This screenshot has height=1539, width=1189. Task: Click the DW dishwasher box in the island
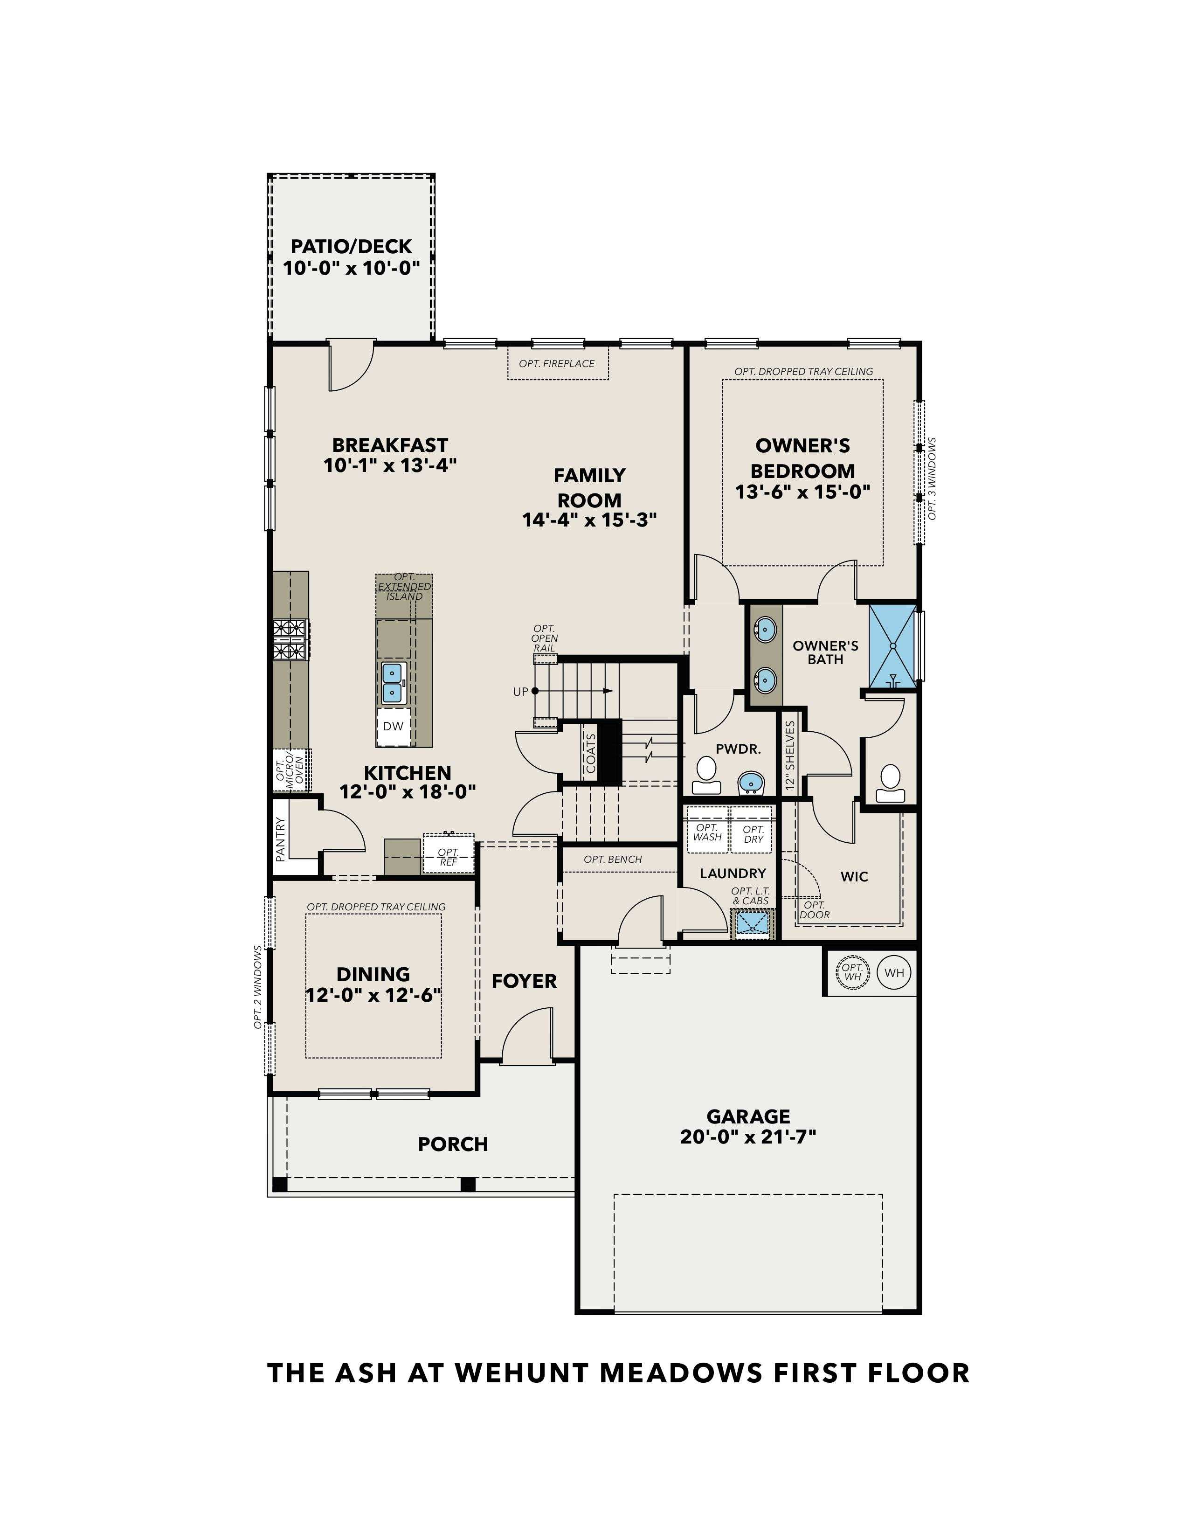point(393,726)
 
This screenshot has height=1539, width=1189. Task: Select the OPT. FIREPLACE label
point(556,364)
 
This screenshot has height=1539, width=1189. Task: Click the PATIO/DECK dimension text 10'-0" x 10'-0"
point(351,269)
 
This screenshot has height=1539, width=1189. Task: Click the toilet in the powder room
point(705,772)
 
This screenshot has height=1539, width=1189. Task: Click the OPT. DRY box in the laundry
point(753,834)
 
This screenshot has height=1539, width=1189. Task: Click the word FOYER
point(524,981)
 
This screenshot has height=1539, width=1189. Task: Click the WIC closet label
point(854,877)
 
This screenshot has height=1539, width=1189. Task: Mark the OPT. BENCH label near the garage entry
point(613,859)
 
